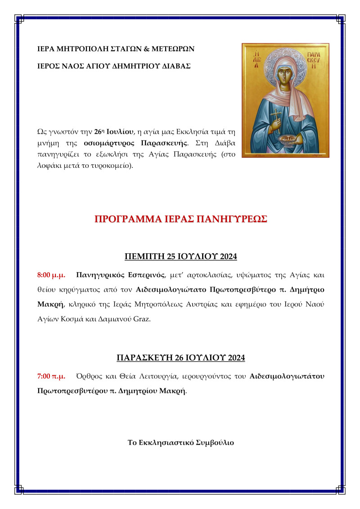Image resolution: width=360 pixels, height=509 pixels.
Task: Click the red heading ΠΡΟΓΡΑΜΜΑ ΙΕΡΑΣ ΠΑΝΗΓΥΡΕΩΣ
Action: point(181,219)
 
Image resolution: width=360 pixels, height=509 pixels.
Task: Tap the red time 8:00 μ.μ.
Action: point(51,274)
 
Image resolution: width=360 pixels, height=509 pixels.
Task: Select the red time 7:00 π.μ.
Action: point(51,375)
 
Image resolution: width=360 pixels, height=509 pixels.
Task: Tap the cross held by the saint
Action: point(274,118)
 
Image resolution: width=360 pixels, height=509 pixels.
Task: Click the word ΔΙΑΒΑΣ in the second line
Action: point(177,66)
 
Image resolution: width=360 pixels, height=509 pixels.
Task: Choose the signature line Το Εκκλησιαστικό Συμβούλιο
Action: point(181,442)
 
